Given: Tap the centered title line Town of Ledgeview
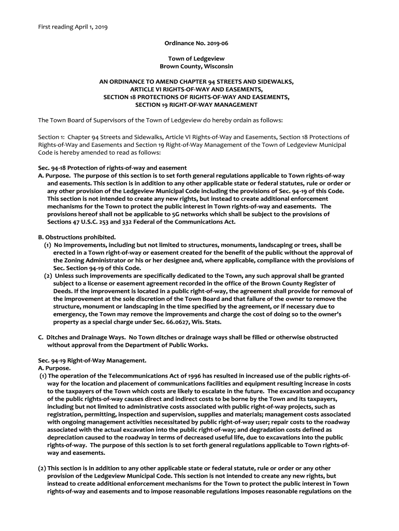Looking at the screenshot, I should [x=199, y=59].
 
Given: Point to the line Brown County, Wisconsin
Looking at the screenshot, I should [x=199, y=66].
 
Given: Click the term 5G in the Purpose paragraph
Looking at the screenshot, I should [x=196, y=214].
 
